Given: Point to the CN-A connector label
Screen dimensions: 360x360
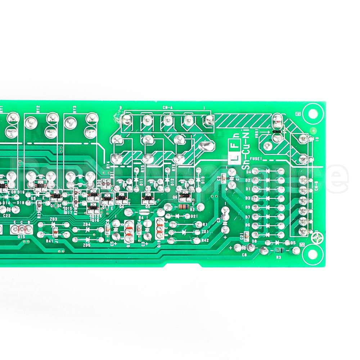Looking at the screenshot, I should (167, 107).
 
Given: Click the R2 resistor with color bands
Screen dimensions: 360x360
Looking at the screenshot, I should (183, 207).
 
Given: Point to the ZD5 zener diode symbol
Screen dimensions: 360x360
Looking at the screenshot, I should (87, 239).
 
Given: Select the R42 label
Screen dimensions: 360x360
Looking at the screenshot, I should (205, 240).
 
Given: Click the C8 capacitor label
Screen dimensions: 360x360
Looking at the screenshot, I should (244, 255).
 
